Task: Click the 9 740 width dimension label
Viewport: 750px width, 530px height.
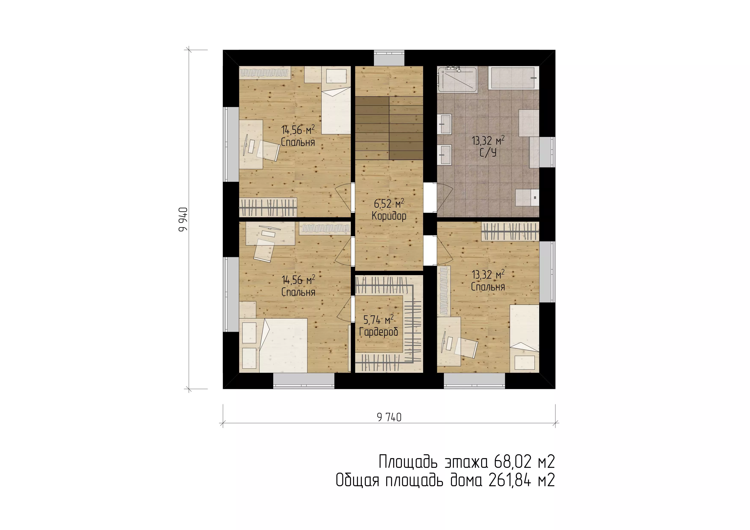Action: (389, 417)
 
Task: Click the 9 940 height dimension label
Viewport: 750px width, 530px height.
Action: (183, 219)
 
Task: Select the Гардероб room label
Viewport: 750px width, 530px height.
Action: (379, 332)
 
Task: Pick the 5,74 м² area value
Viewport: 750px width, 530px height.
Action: (379, 320)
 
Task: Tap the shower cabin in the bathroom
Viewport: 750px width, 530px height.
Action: (457, 79)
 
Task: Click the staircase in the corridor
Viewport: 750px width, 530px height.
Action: (389, 128)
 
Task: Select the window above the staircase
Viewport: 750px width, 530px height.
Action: (389, 58)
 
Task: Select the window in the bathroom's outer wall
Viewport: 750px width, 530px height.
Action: (547, 152)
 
